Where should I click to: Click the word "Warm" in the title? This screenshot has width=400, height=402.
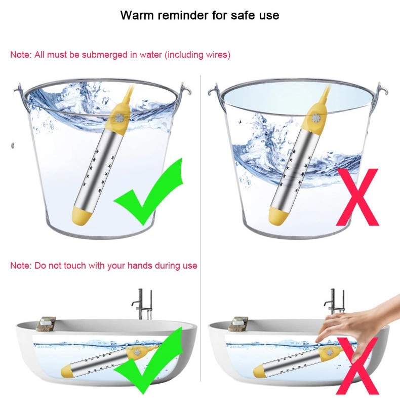pyautogui.click(x=137, y=15)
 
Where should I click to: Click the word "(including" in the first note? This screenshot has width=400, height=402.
pyautogui.click(x=184, y=55)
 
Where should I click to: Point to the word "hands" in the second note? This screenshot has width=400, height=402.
pyautogui.click(x=140, y=265)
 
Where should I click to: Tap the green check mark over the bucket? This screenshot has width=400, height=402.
pyautogui.click(x=148, y=192)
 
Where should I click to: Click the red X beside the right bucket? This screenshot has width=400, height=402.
pyautogui.click(x=357, y=197)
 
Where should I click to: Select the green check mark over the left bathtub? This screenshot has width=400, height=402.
pyautogui.click(x=148, y=360)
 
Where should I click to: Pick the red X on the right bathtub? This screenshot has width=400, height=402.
pyautogui.click(x=357, y=366)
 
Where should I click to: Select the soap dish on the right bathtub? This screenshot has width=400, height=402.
pyautogui.click(x=238, y=324)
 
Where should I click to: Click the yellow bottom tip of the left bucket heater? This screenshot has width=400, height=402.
pyautogui.click(x=82, y=215)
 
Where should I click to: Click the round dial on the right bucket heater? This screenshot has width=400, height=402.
pyautogui.click(x=316, y=118)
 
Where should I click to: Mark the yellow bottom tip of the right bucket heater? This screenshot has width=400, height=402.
pyautogui.click(x=278, y=215)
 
